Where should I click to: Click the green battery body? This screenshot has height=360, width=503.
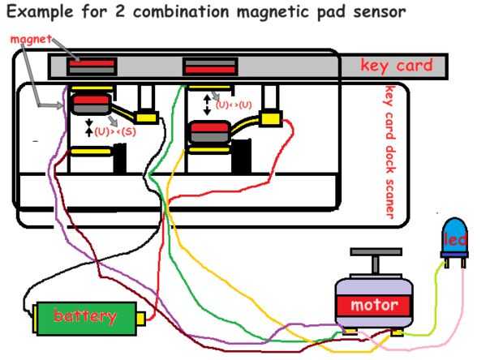85,316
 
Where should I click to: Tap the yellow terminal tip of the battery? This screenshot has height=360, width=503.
140,317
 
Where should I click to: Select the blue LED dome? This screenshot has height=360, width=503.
455,236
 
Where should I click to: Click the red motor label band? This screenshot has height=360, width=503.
374,306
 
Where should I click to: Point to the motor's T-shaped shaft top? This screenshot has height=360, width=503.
376,253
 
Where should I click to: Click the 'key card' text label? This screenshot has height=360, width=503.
397,66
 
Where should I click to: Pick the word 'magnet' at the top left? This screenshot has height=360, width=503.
31,39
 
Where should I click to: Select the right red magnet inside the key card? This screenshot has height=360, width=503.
209,65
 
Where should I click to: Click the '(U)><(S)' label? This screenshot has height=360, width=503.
115,131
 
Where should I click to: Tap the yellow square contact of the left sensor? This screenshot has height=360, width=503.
146,117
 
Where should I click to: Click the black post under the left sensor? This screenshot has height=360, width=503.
119,158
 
